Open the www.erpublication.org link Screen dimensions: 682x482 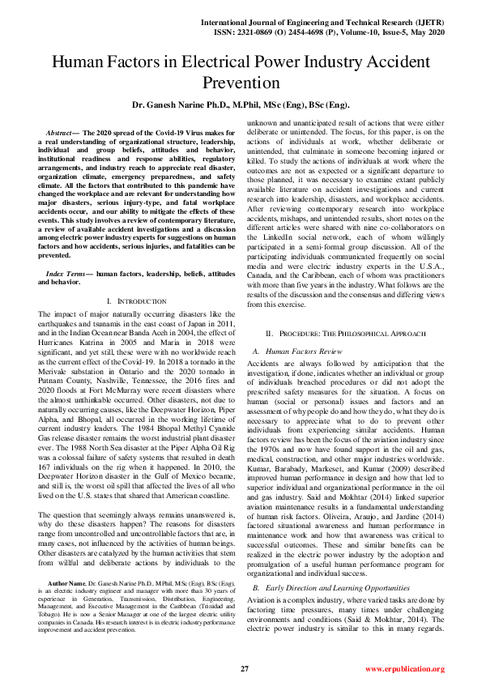click(x=404, y=669)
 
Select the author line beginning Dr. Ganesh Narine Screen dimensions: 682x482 click(x=241, y=105)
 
